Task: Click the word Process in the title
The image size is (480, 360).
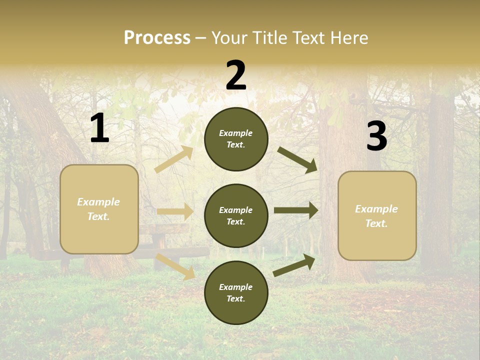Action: pos(157,38)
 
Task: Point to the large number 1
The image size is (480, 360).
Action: pos(99,128)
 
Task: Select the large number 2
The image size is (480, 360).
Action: pos(236,75)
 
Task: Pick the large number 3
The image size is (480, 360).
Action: pos(376,136)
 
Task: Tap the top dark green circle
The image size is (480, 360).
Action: pos(236,138)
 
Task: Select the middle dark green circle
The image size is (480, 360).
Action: pos(236,215)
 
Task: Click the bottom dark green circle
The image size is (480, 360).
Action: pos(236,292)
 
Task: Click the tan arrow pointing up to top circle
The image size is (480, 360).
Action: pos(174,159)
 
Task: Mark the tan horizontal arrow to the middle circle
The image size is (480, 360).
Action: pos(175,211)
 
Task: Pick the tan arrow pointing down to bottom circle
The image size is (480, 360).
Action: pos(175,266)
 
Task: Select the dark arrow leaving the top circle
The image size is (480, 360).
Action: pos(297,160)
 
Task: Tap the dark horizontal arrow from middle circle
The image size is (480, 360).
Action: pos(296,210)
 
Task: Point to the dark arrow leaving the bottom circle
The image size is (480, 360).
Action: pos(294,265)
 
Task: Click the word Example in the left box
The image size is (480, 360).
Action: pos(98,202)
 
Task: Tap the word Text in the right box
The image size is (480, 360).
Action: pos(376,224)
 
